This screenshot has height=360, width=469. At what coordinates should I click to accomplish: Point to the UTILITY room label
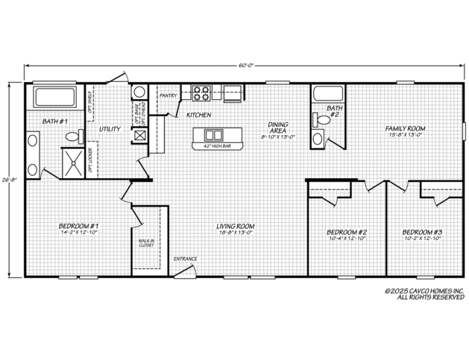tap(110, 129)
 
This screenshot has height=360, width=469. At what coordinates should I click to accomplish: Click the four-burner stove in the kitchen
tap(201, 93)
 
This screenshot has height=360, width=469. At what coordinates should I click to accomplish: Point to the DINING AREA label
tap(279, 128)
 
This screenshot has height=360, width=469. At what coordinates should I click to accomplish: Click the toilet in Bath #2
tap(319, 138)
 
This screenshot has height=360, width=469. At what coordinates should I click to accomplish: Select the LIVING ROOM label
tap(236, 226)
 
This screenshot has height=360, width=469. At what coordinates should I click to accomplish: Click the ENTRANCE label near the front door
tap(185, 259)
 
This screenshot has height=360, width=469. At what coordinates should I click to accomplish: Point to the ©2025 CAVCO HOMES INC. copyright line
tap(424, 291)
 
